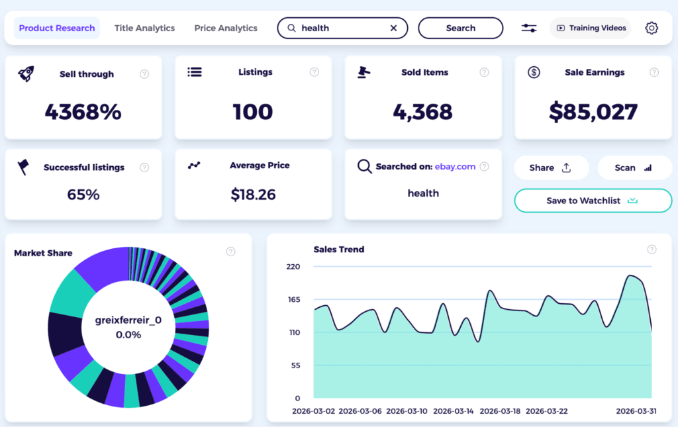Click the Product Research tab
57,28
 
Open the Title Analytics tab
144,28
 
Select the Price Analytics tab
226,28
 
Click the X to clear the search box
393,28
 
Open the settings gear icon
652,28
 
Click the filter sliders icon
529,28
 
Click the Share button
551,168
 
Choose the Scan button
634,168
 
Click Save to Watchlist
593,201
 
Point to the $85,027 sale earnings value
593,112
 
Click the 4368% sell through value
83,112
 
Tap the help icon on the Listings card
315,72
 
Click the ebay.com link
455,167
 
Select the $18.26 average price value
253,195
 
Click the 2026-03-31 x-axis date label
636,411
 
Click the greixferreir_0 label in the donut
128,320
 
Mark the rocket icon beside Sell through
26,73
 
